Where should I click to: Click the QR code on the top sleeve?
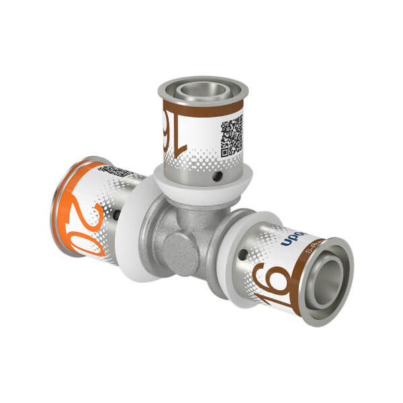tap(232, 135)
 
